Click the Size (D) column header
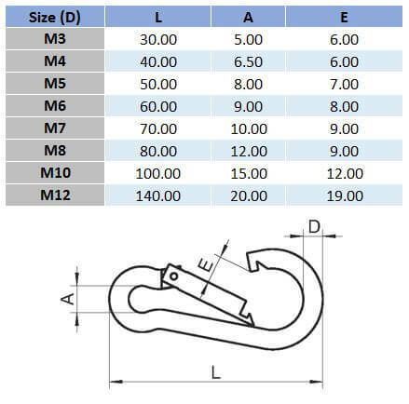click(x=54, y=16)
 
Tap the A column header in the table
click(x=250, y=16)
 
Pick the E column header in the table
click(x=345, y=16)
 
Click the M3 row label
click(x=54, y=39)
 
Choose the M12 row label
click(x=54, y=195)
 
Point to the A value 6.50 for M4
click(x=250, y=61)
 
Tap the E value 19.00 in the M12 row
click(x=345, y=195)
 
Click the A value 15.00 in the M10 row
click(x=250, y=173)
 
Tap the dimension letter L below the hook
click(x=215, y=372)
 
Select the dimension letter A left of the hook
click(x=66, y=298)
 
